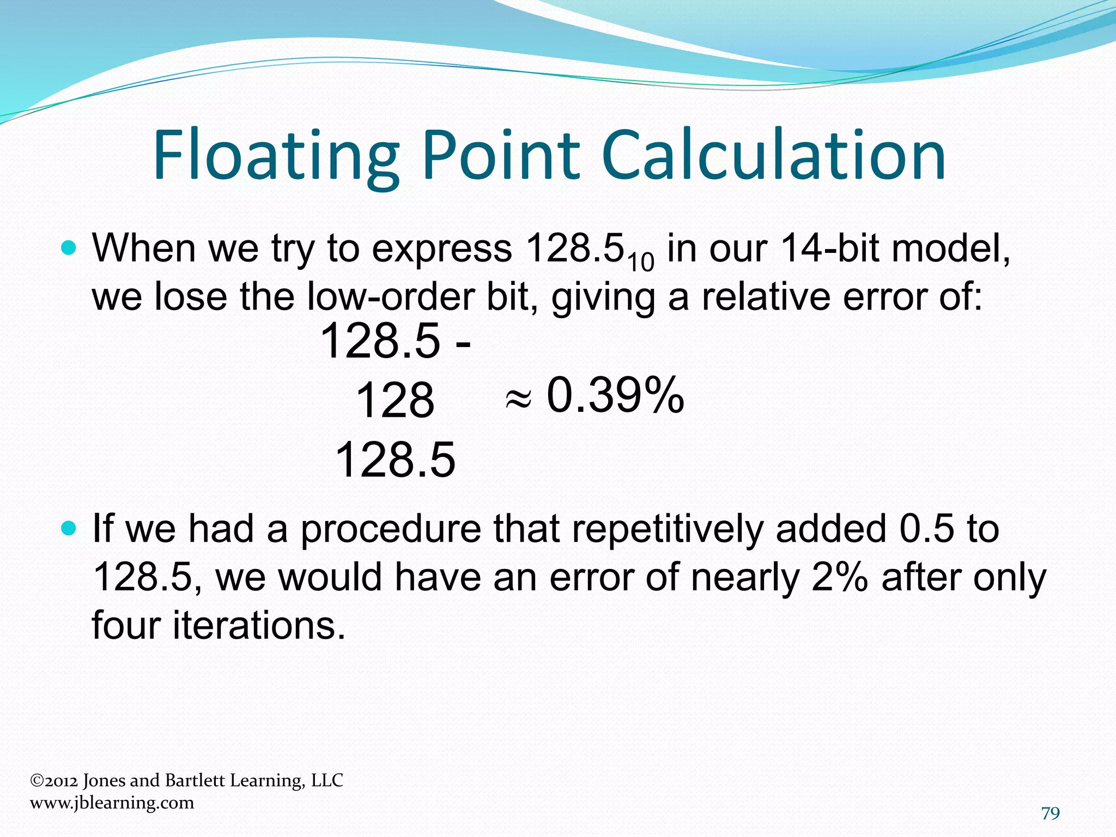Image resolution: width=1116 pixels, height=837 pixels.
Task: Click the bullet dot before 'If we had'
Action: (x=69, y=529)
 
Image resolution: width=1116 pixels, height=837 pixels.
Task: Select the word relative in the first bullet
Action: (x=766, y=297)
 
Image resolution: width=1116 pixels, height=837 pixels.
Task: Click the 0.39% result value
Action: (x=615, y=395)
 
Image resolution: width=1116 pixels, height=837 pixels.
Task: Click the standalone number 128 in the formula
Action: (x=395, y=401)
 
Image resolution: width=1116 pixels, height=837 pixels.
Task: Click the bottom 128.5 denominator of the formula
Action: (x=395, y=460)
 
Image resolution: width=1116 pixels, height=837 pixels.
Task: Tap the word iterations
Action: (x=259, y=625)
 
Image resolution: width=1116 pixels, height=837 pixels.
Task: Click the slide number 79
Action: (x=1050, y=813)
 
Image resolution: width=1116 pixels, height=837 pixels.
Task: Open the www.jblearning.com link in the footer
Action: (x=112, y=803)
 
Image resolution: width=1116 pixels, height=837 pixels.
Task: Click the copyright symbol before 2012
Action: (x=37, y=781)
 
